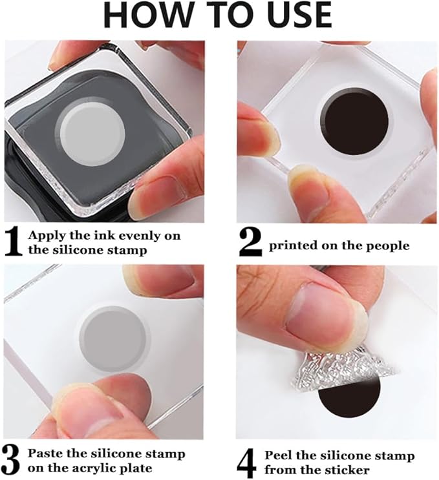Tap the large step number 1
pyautogui.click(x=14, y=242)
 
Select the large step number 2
pyautogui.click(x=250, y=242)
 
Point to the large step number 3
pyautogui.click(x=11, y=461)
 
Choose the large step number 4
pyautogui.click(x=247, y=463)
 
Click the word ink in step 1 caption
pyautogui.click(x=105, y=235)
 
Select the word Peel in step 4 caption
pyautogui.click(x=279, y=455)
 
